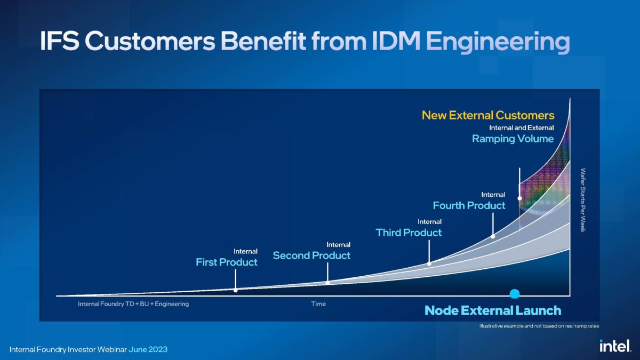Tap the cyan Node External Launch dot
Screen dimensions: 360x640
tap(515, 293)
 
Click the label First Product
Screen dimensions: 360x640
tap(227, 262)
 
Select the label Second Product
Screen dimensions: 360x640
tap(311, 255)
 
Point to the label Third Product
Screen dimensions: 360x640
tap(409, 233)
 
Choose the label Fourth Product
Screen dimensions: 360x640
tap(469, 205)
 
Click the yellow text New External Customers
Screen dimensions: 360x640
tap(488, 115)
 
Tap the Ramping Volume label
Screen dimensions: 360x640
tap(513, 139)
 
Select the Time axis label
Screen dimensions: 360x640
tap(318, 304)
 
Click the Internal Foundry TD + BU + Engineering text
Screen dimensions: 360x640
tap(133, 304)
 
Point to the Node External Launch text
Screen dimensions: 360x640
tap(492, 310)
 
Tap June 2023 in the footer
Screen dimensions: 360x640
tap(148, 349)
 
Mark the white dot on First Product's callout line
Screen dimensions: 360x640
tap(235, 290)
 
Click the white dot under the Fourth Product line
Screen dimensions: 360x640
tap(493, 236)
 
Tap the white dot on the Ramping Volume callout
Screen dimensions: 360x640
tap(519, 198)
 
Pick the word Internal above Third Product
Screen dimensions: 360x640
tap(429, 221)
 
